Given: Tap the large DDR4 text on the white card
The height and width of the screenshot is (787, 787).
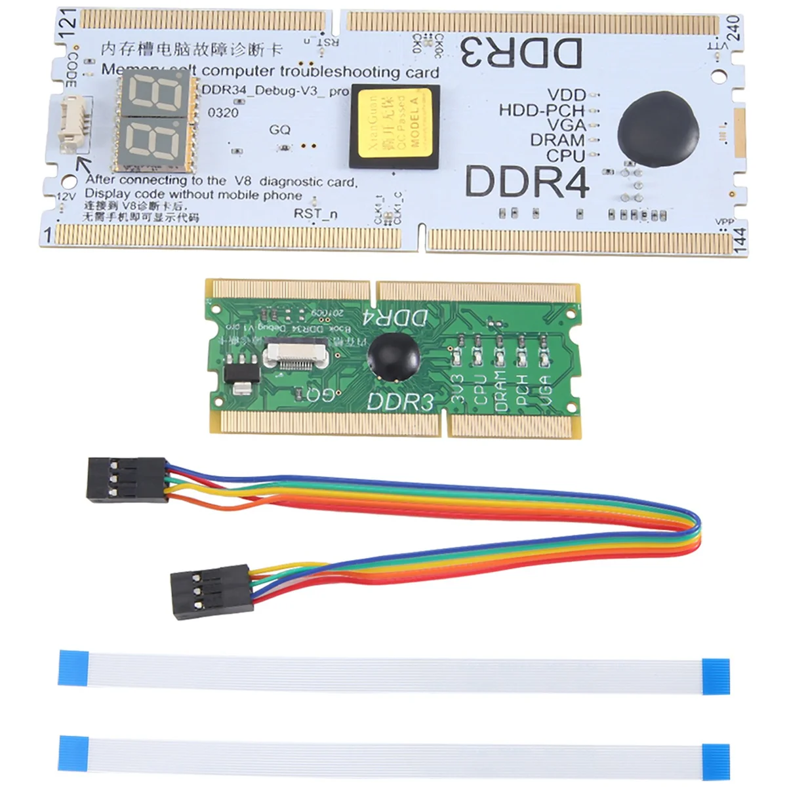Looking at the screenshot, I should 527,182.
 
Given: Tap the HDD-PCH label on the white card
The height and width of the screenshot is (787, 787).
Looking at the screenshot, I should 541,110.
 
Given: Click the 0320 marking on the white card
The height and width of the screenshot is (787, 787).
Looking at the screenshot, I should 223,113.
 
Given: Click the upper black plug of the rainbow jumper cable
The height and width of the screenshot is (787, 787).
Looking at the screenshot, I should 127,480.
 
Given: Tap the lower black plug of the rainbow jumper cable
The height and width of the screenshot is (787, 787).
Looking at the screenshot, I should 211,592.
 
